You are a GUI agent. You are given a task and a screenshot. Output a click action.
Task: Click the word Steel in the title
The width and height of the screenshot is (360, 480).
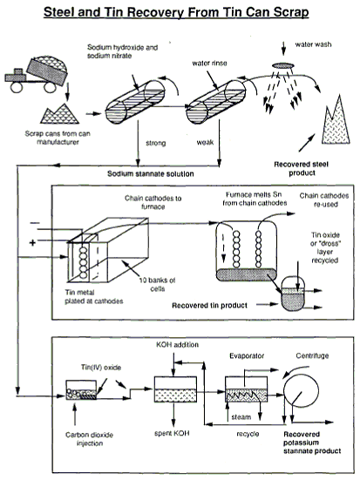pos(59,12)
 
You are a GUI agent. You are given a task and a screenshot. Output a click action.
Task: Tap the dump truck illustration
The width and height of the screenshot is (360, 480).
pos(36,74)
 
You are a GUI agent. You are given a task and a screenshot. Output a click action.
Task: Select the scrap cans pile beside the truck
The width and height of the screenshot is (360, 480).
pos(60,113)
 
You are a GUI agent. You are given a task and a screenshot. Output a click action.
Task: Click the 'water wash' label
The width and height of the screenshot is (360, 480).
pos(313,44)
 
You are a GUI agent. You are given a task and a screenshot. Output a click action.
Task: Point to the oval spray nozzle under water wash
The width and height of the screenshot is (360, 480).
pos(283,65)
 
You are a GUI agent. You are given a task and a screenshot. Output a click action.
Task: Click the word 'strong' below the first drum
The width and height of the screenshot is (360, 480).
pos(156,143)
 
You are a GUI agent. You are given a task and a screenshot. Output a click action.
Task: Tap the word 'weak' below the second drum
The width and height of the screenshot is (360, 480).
pos(205,142)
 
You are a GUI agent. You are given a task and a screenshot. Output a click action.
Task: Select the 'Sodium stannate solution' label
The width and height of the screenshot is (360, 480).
pos(151,173)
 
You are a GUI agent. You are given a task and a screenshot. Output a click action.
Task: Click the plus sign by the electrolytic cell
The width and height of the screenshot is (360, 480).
pos(32,243)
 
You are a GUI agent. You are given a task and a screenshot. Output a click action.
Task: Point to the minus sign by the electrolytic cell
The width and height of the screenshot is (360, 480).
pos(34,223)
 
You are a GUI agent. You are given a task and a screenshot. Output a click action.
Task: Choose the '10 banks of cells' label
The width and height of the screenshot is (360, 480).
pos(157,284)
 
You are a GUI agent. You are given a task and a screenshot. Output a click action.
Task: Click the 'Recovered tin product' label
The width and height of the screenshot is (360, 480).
pos(209,305)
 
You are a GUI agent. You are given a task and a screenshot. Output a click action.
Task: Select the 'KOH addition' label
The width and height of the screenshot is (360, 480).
pos(178,345)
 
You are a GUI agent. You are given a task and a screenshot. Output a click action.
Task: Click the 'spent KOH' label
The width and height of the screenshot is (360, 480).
pos(172,433)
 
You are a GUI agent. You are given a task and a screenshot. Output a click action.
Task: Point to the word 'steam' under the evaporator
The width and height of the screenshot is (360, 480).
pos(241,417)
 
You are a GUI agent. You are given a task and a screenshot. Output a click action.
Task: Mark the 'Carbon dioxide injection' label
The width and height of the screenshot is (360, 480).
pos(89,439)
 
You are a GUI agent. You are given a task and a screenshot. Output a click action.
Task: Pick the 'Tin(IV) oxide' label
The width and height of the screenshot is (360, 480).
pos(101,368)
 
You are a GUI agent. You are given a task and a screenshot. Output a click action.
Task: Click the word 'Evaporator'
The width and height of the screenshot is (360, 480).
pos(247,355)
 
